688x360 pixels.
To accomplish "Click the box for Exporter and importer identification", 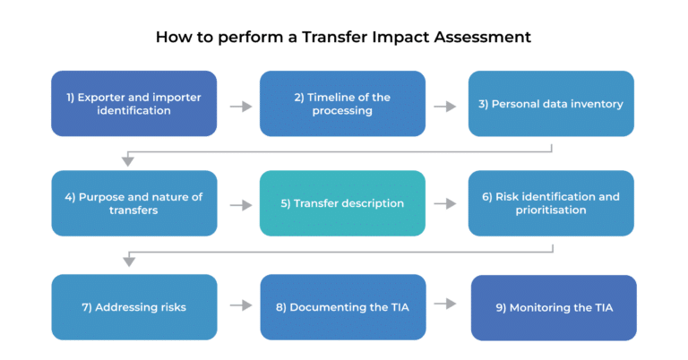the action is [133, 104].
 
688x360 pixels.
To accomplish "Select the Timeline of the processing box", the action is [342, 104].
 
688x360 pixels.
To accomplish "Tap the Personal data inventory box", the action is [551, 104].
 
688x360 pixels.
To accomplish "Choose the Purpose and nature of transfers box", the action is [134, 203].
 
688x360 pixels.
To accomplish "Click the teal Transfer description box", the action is [342, 203].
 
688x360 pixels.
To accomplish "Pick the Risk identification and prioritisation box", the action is [551, 203].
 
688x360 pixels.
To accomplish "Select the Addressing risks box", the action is [134, 307].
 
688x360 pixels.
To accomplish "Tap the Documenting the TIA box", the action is [343, 307].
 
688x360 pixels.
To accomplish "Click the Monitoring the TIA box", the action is [554, 307].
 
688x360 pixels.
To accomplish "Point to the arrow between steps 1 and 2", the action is [241, 107].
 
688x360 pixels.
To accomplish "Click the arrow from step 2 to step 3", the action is [445, 107].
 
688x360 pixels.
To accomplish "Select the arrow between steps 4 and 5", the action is [241, 205].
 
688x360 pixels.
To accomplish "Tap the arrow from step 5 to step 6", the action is [445, 203].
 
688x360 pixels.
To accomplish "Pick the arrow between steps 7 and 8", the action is [241, 305].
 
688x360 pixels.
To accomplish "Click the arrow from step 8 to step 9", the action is [445, 304].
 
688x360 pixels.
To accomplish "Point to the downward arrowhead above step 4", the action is [128, 161].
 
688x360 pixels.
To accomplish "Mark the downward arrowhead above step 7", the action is [129, 261].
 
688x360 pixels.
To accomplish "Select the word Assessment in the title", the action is [483, 37].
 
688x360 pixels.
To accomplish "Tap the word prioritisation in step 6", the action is [551, 210].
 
